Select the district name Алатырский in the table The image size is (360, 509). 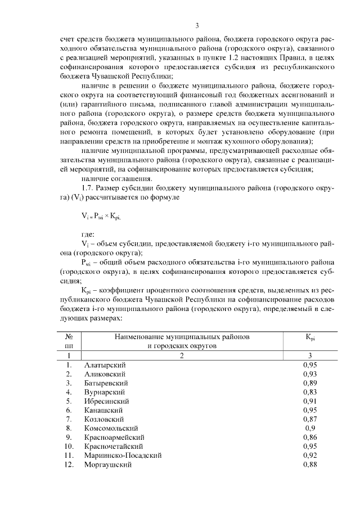click(x=105, y=366)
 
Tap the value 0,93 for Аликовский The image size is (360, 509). click(x=310, y=374)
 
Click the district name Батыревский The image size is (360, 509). click(x=105, y=382)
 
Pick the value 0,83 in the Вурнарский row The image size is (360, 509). click(x=310, y=391)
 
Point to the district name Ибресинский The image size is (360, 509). click(x=106, y=402)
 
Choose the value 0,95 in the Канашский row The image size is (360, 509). click(x=310, y=411)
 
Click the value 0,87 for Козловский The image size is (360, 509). click(x=310, y=420)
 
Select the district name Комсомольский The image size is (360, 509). click(x=111, y=429)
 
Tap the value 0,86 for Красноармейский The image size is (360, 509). click(x=310, y=437)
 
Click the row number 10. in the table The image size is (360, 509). click(x=68, y=446)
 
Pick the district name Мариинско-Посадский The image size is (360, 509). click(x=123, y=455)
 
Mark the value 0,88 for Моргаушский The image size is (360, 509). click(x=310, y=465)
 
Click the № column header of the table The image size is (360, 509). click(x=69, y=337)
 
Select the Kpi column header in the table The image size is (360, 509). click(x=310, y=337)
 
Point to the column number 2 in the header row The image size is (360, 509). click(x=182, y=356)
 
